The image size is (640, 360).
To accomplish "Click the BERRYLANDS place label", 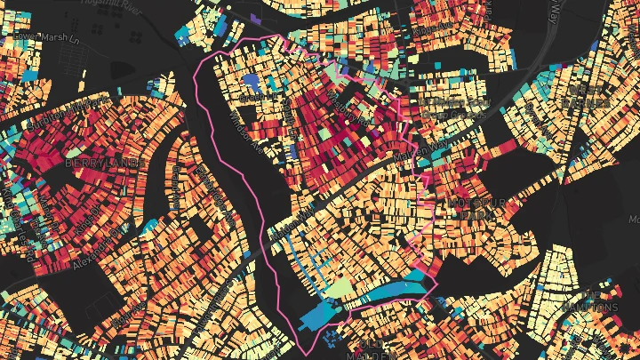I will pos(104,164).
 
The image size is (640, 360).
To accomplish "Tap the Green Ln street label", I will pos(296,221).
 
